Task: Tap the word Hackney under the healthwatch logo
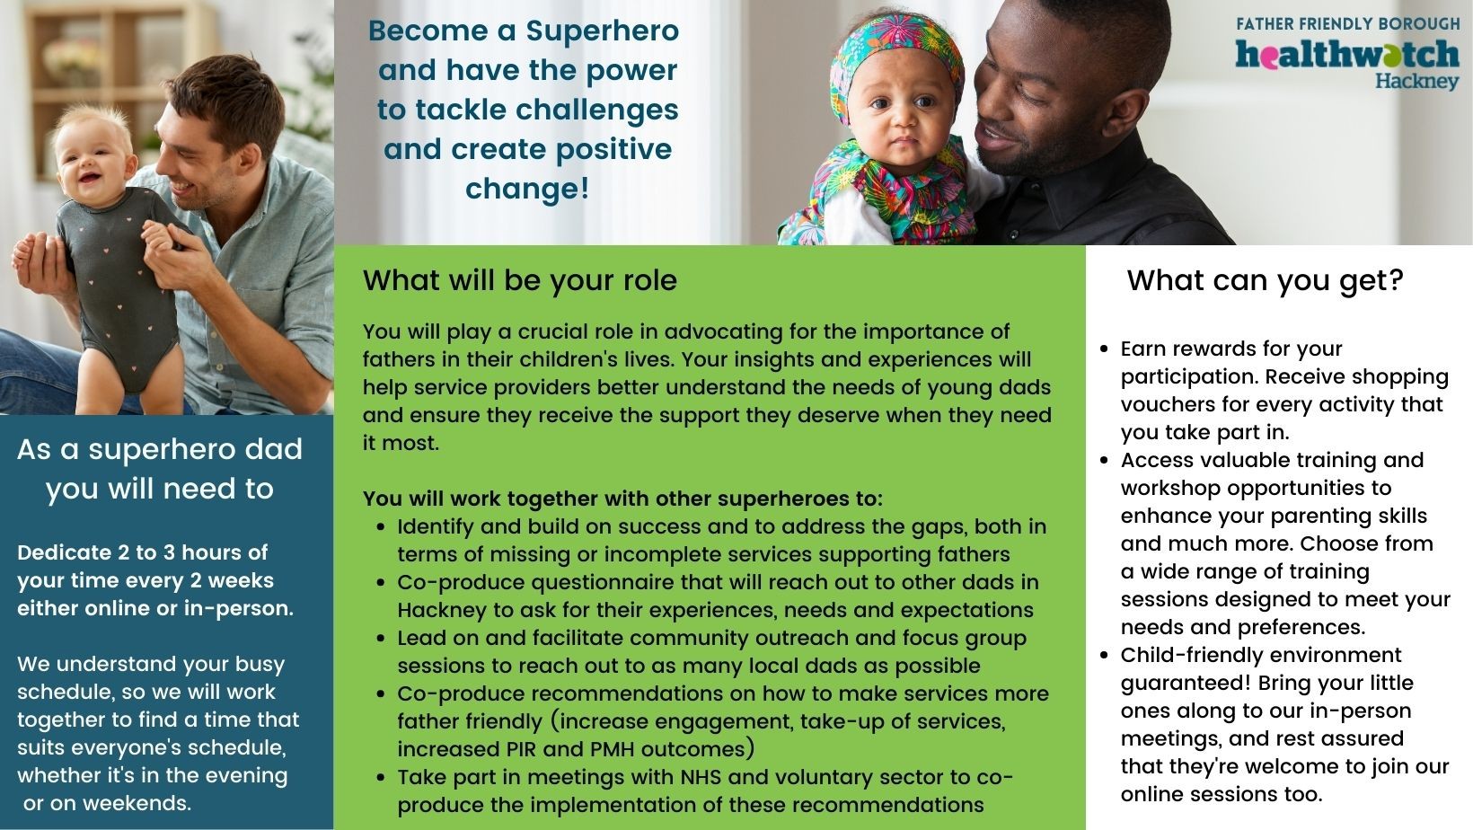[1417, 82]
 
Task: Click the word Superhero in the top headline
[603, 31]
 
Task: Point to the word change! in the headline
[527, 189]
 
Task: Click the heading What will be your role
[519, 280]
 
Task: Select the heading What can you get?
[1266, 280]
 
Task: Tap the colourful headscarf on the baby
[895, 53]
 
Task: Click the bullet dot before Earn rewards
[1104, 349]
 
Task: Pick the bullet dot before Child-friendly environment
[1104, 656]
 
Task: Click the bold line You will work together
[622, 499]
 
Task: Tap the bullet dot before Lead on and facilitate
[381, 638]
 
